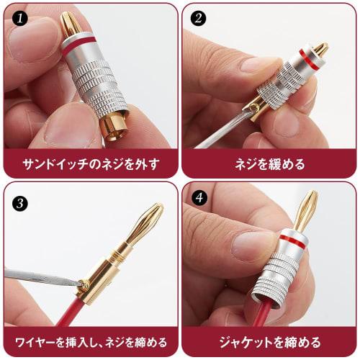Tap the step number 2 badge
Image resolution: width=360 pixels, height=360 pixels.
(x=196, y=17)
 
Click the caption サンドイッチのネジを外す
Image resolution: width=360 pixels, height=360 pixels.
(x=90, y=163)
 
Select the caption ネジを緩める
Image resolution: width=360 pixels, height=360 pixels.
(x=270, y=163)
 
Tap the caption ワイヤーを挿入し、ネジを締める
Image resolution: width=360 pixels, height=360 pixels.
(x=90, y=341)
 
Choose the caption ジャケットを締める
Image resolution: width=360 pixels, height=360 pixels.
(x=270, y=341)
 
